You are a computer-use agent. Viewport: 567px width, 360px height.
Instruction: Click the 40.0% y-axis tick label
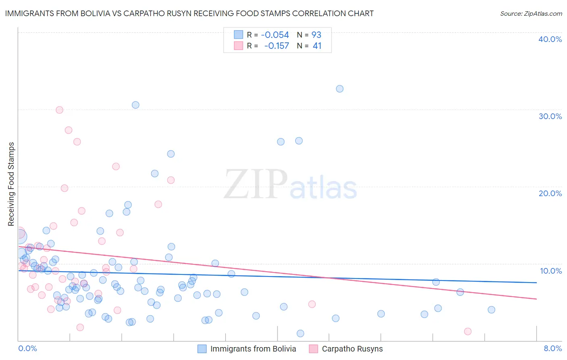(x=550, y=39)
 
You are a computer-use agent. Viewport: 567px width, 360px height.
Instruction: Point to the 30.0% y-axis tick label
(x=550, y=116)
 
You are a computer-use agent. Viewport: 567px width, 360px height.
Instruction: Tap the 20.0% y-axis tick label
(x=550, y=193)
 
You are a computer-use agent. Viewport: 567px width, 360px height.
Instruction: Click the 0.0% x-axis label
(x=27, y=348)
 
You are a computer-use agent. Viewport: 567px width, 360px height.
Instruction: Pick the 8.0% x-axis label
(x=552, y=348)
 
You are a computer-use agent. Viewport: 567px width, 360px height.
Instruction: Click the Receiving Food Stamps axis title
(x=11, y=184)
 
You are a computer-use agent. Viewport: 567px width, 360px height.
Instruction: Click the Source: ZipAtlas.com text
(x=531, y=14)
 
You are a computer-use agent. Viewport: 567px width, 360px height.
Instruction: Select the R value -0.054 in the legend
(x=275, y=35)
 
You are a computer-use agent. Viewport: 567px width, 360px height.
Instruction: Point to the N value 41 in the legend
(x=317, y=46)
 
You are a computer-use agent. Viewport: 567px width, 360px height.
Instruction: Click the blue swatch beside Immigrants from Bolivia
(x=202, y=349)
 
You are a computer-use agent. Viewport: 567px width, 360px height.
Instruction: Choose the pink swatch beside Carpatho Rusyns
(x=313, y=349)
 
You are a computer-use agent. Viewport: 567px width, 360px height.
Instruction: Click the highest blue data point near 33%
(x=340, y=89)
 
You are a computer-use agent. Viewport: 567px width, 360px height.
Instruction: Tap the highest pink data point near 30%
(x=59, y=110)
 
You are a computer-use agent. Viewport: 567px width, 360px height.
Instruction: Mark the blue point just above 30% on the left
(x=135, y=105)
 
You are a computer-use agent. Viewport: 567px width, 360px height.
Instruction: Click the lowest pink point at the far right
(x=468, y=331)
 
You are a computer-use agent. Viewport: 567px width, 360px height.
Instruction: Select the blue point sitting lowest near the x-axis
(x=300, y=333)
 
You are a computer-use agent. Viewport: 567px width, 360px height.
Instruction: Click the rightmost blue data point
(x=491, y=310)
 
